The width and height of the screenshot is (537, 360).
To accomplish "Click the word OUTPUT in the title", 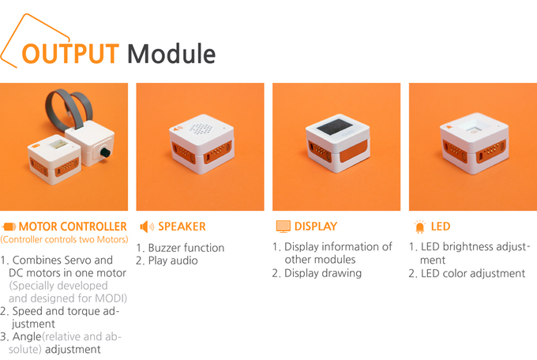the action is pos(70,54).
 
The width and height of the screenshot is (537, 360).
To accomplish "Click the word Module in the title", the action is pos(171,54).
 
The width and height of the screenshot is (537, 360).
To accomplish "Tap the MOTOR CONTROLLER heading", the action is pos(73,227).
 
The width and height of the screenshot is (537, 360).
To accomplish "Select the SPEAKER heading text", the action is pos(182,227).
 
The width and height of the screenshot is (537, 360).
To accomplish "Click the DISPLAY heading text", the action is pos(316,227).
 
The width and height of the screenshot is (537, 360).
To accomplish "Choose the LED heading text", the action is pos(441,227).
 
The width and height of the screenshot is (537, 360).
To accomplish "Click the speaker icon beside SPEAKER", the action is pos(147,227).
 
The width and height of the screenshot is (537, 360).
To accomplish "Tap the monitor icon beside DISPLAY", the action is pos(284,227).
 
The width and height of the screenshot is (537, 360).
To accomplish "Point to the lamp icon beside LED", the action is pos(420,227).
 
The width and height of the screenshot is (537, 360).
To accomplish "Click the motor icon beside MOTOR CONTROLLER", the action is pos(9,227).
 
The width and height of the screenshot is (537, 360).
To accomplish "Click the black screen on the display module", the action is pos(331,127).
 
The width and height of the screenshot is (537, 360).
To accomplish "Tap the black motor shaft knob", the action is pos(104,152).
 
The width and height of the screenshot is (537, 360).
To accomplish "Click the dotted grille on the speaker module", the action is pos(201,128).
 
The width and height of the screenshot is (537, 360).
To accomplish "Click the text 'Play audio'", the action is pos(173,261).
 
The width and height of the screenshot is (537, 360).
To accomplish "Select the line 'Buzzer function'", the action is pos(186,248).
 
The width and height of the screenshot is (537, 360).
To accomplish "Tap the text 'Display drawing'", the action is pos(323,273).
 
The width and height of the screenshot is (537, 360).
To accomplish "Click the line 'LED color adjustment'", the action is pos(472,273).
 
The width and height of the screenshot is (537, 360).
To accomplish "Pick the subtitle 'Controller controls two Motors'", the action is pos(65,239).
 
